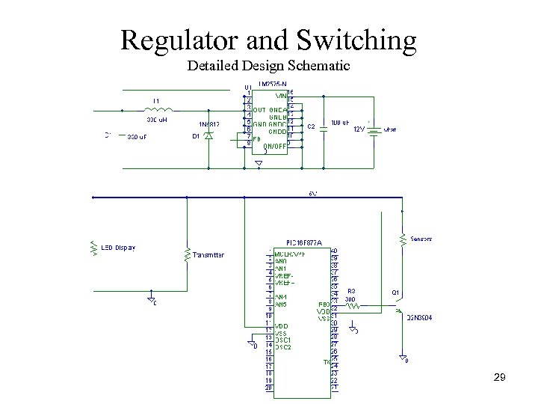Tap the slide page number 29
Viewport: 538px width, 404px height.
[x=500, y=378]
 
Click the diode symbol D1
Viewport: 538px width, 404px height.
[x=208, y=135]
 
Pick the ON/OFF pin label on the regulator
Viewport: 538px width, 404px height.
[x=274, y=147]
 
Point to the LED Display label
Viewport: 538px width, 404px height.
[x=119, y=248]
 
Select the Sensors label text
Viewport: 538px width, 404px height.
[x=421, y=239]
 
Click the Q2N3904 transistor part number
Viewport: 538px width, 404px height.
[x=419, y=318]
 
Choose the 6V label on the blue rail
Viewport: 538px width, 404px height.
[x=313, y=194]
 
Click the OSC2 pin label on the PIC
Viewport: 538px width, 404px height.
[x=283, y=347]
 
